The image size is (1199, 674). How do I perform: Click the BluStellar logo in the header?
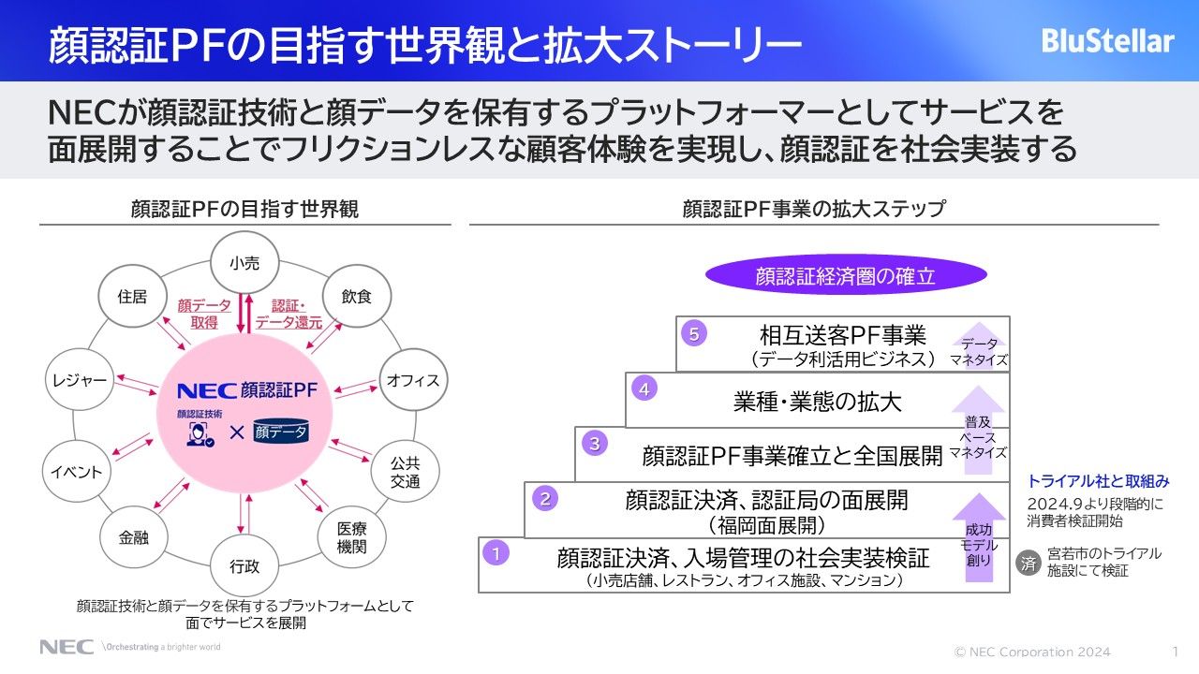(x=1107, y=41)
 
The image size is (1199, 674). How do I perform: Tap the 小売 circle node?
(x=244, y=264)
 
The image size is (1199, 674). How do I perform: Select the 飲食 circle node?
(x=357, y=297)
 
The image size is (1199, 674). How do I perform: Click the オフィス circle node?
(x=413, y=380)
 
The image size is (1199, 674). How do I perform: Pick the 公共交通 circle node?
(x=405, y=471)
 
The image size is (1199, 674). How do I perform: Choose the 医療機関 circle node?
(x=350, y=537)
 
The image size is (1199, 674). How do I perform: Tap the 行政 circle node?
(x=244, y=565)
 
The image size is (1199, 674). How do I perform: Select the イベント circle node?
(x=77, y=472)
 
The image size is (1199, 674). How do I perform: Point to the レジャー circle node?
(x=78, y=380)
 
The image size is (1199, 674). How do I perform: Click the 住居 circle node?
(x=132, y=297)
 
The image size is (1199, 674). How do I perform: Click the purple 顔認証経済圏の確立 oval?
(x=846, y=276)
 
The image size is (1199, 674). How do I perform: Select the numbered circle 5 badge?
(x=692, y=333)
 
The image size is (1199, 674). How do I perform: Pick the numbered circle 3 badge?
(x=594, y=444)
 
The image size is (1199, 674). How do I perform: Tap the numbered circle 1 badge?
(x=496, y=553)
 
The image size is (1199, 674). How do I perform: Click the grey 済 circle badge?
(x=1029, y=564)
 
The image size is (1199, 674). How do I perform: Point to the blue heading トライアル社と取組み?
(x=1099, y=481)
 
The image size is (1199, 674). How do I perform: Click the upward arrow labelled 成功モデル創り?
(x=979, y=540)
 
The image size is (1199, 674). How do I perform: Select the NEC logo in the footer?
(x=66, y=647)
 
